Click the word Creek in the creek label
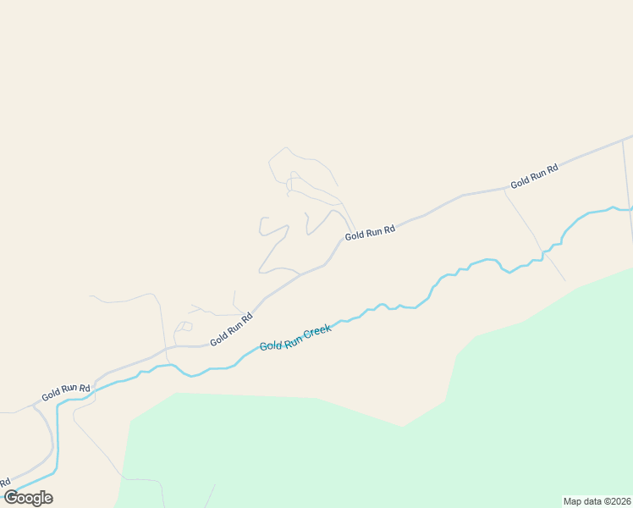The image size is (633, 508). tap(317, 331)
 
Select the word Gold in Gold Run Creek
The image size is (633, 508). tap(270, 345)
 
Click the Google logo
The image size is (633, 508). tap(28, 498)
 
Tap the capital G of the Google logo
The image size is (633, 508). tap(11, 498)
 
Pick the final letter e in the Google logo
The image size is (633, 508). tap(47, 499)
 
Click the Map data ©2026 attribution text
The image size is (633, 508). tap(596, 501)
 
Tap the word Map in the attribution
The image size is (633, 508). tap(573, 501)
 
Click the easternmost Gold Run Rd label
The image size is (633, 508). tap(534, 177)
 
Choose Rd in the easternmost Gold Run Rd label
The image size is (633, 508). tap(552, 169)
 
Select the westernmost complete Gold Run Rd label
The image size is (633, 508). tap(66, 392)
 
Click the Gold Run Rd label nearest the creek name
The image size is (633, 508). tap(232, 329)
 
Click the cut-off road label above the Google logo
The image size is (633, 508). tap(5, 483)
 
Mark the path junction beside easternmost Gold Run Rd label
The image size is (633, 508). tap(504, 190)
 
